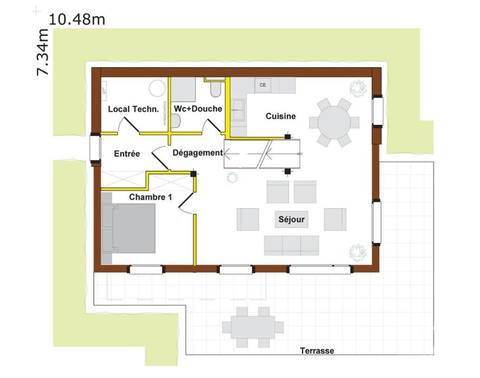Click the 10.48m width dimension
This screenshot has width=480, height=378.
pyautogui.click(x=76, y=20)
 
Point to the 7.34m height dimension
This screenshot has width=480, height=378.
pyautogui.click(x=42, y=52)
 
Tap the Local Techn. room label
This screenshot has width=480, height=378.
pyautogui.click(x=133, y=109)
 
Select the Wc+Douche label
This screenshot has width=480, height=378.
pyautogui.click(x=198, y=109)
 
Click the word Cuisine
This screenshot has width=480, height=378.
pyautogui.click(x=280, y=116)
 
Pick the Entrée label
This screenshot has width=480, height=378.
pyautogui.click(x=127, y=154)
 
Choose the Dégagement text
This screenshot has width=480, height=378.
pyautogui.click(x=198, y=153)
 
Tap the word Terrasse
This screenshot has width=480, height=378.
pyautogui.click(x=317, y=351)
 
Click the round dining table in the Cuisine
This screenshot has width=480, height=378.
pyautogui.click(x=334, y=122)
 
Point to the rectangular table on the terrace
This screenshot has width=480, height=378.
pyautogui.click(x=253, y=326)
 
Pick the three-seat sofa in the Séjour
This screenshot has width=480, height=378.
pyautogui.click(x=291, y=245)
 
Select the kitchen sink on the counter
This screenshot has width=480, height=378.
pyautogui.click(x=238, y=110)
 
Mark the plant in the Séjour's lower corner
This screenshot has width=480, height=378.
pyautogui.click(x=358, y=252)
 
